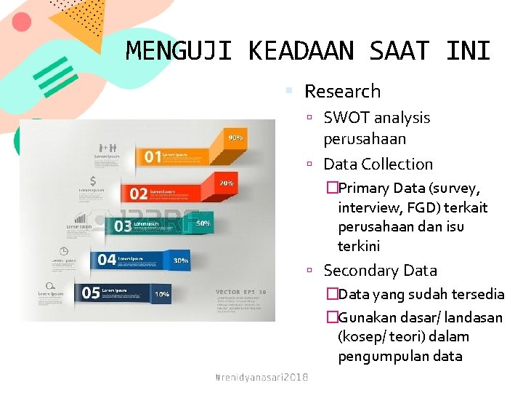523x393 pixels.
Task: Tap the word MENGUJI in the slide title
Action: tap(179, 52)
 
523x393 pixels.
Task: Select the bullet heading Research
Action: tap(342, 91)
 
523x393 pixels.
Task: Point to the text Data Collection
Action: tap(378, 164)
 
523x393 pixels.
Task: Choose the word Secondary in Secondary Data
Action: tap(362, 270)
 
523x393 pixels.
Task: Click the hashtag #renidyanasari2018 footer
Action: tap(262, 377)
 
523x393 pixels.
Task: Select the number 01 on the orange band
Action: tap(152, 156)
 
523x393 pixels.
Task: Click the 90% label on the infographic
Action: tap(236, 138)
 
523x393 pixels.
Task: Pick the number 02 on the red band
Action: tap(138, 194)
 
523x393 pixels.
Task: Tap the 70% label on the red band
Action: tap(226, 183)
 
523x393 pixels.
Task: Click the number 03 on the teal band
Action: tap(123, 226)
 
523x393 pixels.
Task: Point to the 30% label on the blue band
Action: tap(181, 260)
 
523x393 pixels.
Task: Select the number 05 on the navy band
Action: tap(91, 293)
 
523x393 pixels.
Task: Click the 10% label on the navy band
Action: tap(161, 294)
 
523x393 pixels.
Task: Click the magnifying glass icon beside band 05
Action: tap(49, 285)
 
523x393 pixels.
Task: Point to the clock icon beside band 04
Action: tap(64, 251)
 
